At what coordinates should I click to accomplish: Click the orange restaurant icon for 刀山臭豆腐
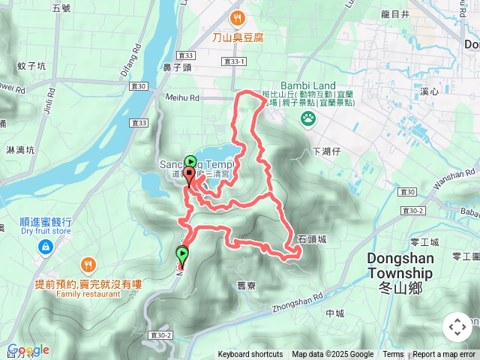[x=238, y=18]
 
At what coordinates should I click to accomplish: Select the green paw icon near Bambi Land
[x=307, y=118]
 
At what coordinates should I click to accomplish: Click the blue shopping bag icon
[x=46, y=246]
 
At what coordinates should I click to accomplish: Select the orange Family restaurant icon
[x=88, y=265]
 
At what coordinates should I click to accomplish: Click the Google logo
[x=28, y=350]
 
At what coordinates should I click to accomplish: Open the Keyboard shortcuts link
[x=250, y=355]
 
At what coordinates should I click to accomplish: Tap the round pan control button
[x=457, y=327]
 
